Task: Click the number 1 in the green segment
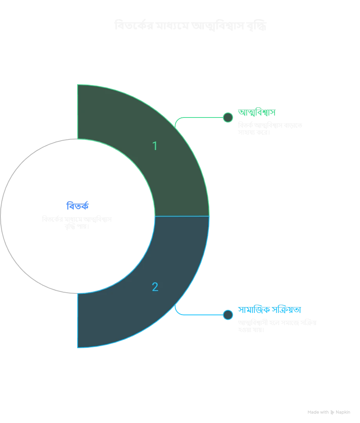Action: pos(155,146)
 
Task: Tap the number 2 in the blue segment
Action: pos(155,287)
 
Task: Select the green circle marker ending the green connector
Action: pos(228,117)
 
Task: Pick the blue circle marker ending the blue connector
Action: pos(228,315)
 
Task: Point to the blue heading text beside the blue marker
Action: pos(270,310)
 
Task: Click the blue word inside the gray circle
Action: pos(78,205)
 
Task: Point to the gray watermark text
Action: pos(328,412)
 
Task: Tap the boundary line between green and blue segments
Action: pos(182,216)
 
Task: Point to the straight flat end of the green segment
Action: pos(78,112)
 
